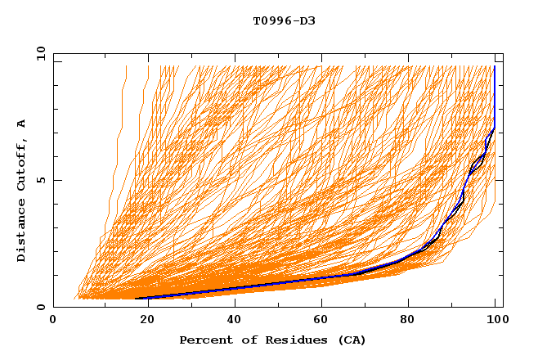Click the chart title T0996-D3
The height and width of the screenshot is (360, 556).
[284, 20]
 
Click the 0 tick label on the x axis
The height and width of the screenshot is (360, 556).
[53, 321]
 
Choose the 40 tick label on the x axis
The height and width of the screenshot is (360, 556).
[235, 321]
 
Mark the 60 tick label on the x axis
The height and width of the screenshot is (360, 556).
[325, 321]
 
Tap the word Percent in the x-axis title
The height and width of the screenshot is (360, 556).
[204, 340]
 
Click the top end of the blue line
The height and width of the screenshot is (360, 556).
[495, 66]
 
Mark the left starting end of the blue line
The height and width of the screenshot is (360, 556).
[136, 299]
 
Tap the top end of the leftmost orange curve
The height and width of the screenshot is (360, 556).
[126, 66]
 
